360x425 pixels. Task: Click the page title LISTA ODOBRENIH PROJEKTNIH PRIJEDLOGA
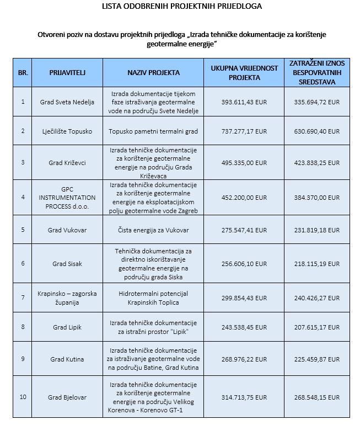(x=182, y=7)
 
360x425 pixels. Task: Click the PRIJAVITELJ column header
(x=67, y=72)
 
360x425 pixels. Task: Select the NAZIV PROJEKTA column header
(x=153, y=72)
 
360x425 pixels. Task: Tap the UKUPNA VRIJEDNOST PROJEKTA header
(x=244, y=72)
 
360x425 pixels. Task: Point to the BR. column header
(x=23, y=72)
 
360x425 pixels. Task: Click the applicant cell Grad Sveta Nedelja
(x=67, y=102)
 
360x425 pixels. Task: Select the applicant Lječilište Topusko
(x=67, y=131)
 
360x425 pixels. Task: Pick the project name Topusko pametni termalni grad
(x=153, y=131)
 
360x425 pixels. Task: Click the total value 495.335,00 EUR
(x=244, y=163)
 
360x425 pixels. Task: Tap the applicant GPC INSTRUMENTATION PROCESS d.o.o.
(x=67, y=197)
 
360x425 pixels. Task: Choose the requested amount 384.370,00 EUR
(x=318, y=197)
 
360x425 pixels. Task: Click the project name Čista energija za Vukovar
(x=153, y=229)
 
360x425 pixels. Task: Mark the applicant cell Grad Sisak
(x=67, y=263)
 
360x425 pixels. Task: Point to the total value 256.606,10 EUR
(x=244, y=263)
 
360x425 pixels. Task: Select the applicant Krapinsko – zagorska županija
(x=67, y=298)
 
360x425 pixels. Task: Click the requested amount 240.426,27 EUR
(x=318, y=298)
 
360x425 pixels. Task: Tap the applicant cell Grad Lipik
(x=67, y=327)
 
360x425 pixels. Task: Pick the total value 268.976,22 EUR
(x=244, y=359)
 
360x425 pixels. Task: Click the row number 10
(x=23, y=397)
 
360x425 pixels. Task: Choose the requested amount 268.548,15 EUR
(x=318, y=397)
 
